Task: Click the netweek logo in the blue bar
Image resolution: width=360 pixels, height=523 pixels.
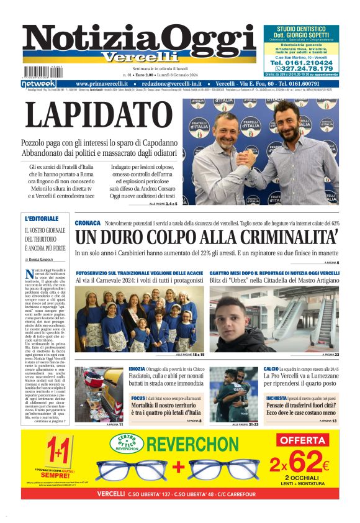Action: point(38,83)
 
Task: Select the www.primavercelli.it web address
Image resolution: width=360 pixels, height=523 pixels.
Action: point(106,83)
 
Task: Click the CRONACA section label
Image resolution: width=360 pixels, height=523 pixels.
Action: point(88,222)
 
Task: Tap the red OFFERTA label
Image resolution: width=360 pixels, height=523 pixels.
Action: point(303,440)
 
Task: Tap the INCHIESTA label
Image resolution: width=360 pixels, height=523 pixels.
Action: point(276,398)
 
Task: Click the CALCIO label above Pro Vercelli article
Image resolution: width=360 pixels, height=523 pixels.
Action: point(271,369)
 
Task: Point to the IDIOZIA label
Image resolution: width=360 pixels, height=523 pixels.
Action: point(137,369)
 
